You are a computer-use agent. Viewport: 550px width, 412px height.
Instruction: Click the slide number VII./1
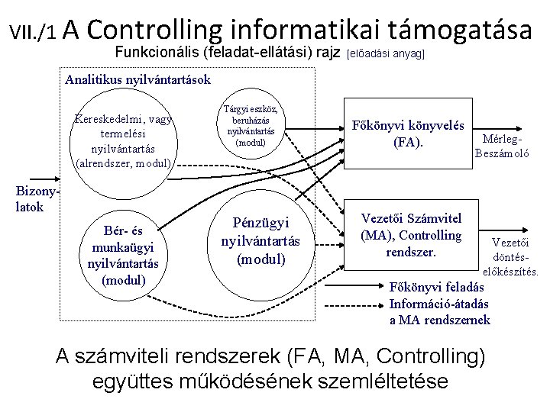(32, 31)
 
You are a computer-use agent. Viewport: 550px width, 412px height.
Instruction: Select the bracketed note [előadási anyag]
(386, 54)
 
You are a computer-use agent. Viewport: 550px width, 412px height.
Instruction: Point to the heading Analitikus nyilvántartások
(137, 79)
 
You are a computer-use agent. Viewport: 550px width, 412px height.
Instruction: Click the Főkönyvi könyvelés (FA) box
(408, 133)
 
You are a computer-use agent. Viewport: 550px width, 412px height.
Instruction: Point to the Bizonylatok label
(30, 199)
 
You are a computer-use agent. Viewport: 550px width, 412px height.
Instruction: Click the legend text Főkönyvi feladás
(436, 288)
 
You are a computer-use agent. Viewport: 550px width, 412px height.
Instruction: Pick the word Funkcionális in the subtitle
(156, 53)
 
